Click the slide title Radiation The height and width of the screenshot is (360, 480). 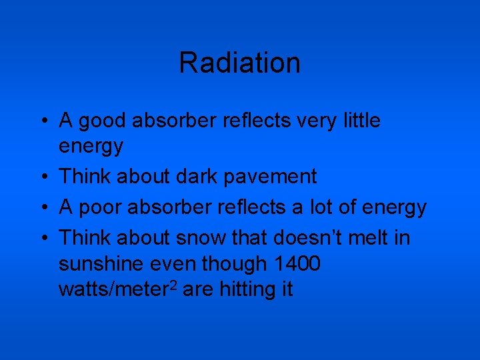(x=239, y=63)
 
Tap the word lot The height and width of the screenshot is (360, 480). (x=319, y=207)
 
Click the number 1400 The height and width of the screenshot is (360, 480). (x=298, y=264)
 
